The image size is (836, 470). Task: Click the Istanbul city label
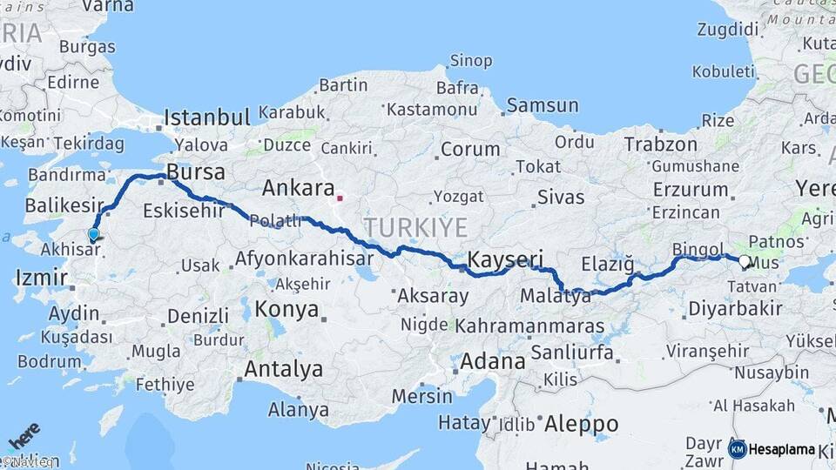[207, 117]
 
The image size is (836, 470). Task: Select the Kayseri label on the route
[505, 259]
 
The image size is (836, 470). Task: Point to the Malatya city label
[555, 297]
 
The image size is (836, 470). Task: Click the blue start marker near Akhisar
[93, 233]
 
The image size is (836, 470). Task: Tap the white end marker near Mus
[745, 260]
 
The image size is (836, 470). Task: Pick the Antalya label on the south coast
[283, 369]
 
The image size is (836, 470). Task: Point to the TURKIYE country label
[415, 228]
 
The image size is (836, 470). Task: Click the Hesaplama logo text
[782, 449]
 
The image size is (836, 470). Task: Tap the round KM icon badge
[738, 449]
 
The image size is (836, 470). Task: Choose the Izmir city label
[41, 279]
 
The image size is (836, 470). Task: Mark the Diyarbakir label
[736, 308]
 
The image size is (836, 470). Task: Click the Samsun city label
[542, 105]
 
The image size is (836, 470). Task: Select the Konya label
[288, 309]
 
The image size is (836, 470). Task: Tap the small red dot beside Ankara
[340, 198]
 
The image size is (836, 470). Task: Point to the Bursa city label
[196, 170]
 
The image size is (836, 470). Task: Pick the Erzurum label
[689, 189]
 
